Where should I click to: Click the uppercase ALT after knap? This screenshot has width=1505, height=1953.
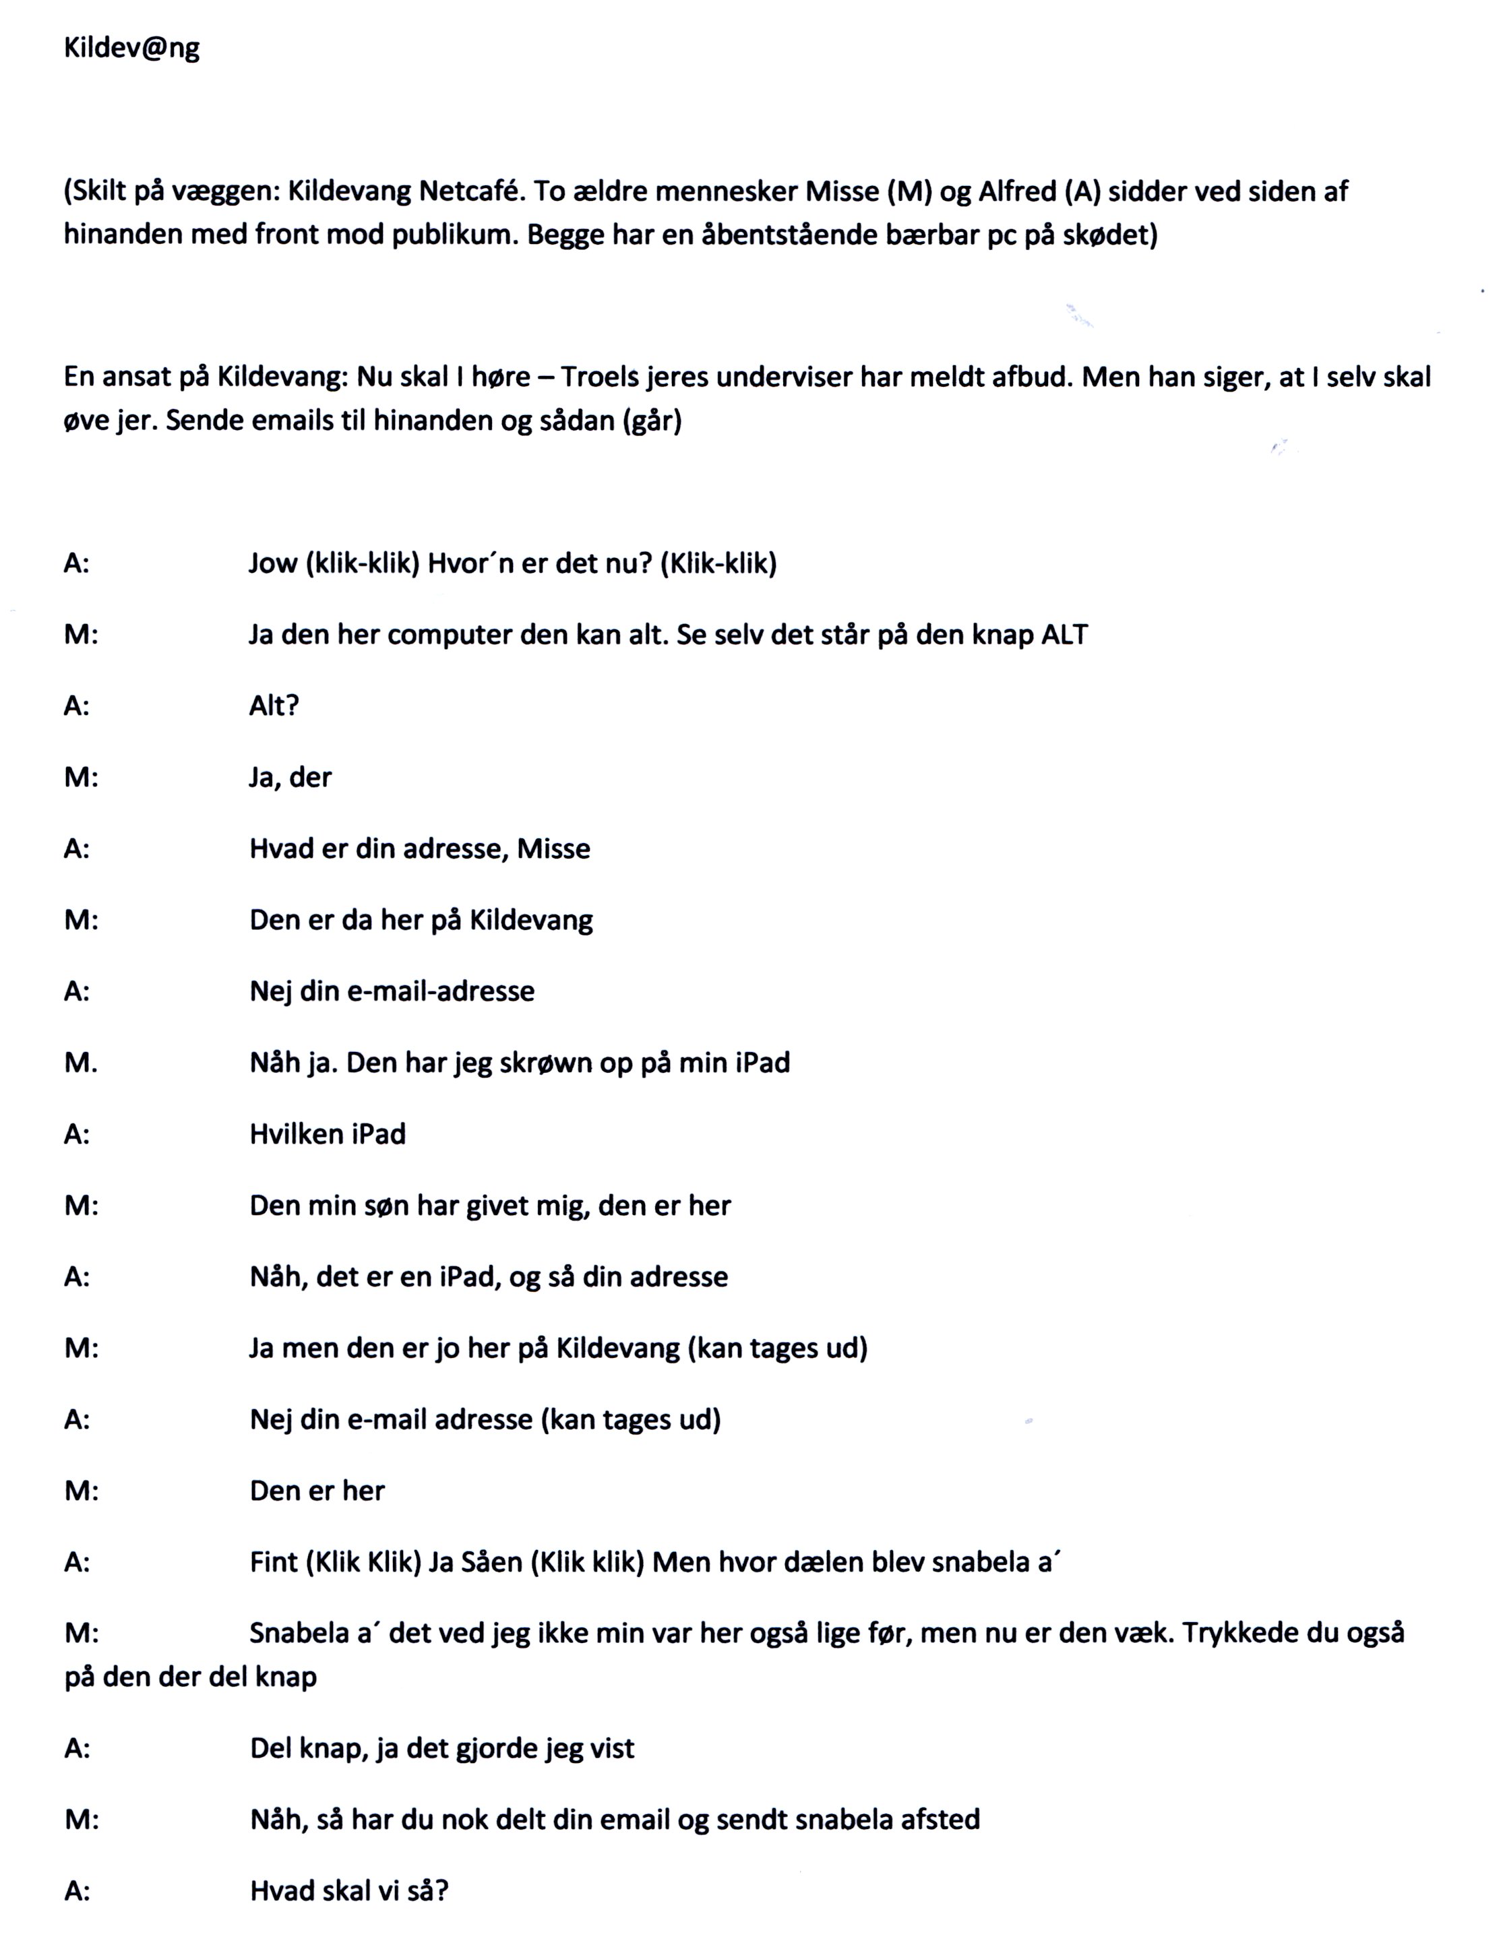pyautogui.click(x=1064, y=635)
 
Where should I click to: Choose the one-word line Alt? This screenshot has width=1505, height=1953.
pyautogui.click(x=274, y=706)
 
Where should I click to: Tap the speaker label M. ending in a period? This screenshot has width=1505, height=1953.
pyautogui.click(x=80, y=1062)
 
